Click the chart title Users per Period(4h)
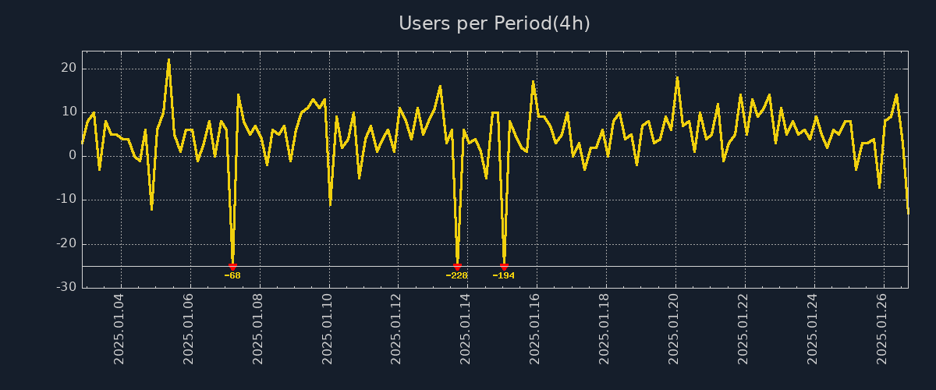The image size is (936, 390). click(495, 23)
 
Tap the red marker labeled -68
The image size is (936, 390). click(232, 267)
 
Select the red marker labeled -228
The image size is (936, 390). click(457, 267)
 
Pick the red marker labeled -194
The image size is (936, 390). click(504, 267)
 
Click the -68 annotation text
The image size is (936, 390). click(232, 275)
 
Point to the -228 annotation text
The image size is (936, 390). click(457, 275)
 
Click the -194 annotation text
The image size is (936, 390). click(504, 275)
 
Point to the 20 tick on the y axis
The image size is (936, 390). click(69, 68)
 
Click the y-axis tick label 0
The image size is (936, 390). click(73, 155)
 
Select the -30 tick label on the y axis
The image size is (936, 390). click(66, 287)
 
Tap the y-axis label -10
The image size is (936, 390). click(66, 199)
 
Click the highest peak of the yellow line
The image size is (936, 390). click(168, 59)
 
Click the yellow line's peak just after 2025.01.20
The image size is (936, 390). click(677, 77)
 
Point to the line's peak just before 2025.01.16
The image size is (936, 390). click(534, 81)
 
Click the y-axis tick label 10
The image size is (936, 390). click(69, 112)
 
